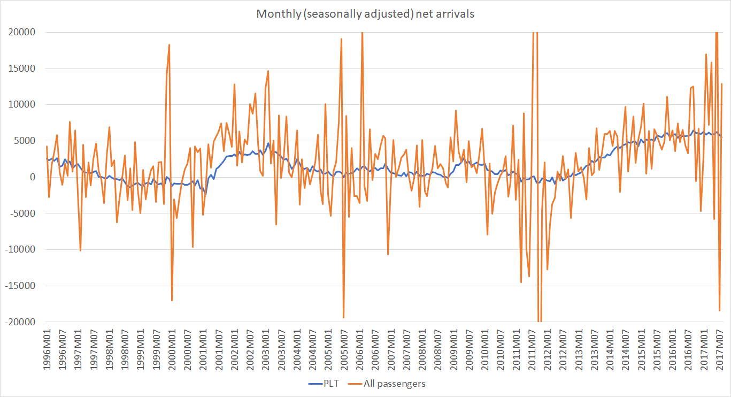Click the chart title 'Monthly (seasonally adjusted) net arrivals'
point(365,14)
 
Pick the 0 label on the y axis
point(32,177)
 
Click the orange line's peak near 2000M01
point(169,45)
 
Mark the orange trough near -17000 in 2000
point(172,300)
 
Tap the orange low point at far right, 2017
point(719,311)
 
